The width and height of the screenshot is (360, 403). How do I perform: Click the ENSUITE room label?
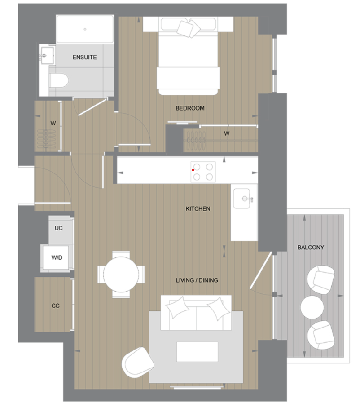tap(84, 58)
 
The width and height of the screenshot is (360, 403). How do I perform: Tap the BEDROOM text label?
tap(190, 108)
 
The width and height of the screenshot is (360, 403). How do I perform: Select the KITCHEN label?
tap(198, 209)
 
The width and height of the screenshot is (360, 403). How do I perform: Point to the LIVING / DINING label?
tap(197, 280)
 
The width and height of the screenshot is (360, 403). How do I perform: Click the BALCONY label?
tap(311, 248)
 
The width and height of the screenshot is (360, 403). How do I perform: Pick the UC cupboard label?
tap(58, 228)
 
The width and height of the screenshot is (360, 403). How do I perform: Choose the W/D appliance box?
tap(57, 258)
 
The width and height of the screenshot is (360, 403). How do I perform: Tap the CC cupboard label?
tap(55, 306)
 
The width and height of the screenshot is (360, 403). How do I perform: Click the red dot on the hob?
tap(193, 170)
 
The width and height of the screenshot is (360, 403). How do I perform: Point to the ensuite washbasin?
tap(46, 55)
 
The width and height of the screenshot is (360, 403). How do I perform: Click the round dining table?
tap(121, 274)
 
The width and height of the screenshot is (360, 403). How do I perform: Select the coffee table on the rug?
tap(197, 351)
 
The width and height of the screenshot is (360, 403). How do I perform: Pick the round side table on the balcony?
tap(312, 307)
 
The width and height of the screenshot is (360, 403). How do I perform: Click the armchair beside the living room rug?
tap(138, 363)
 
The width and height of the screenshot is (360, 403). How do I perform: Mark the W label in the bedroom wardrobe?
tap(227, 133)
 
